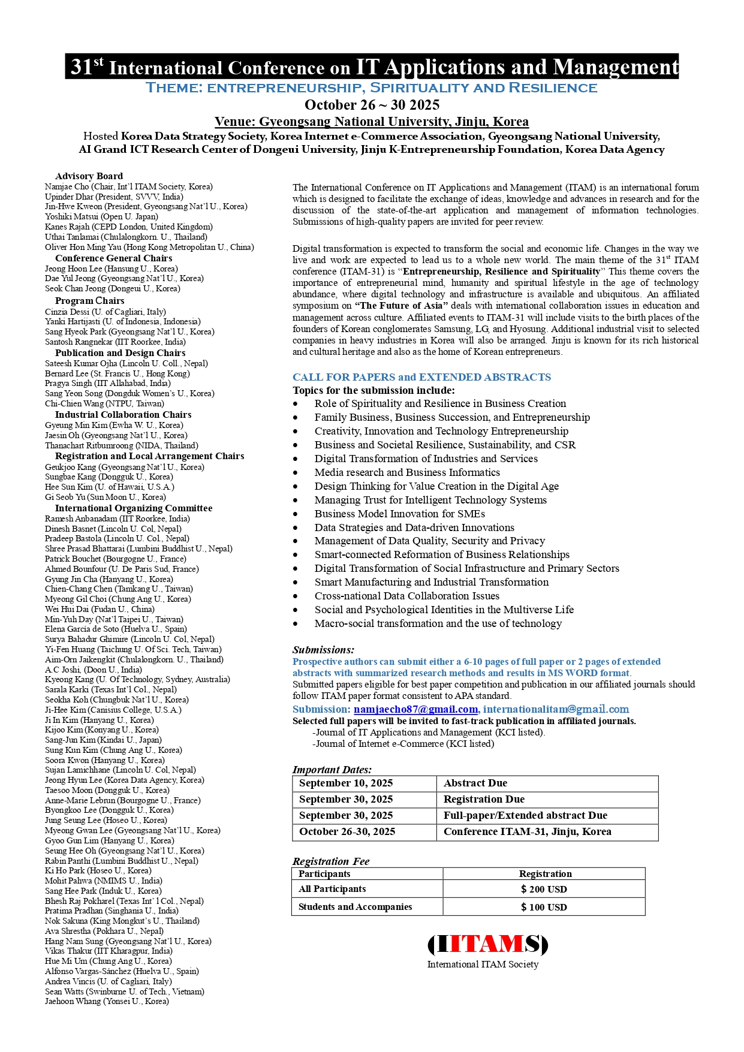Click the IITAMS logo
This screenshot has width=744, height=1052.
point(487,945)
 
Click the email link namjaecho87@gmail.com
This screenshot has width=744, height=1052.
point(415,709)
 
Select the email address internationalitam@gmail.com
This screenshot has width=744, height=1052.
point(556,709)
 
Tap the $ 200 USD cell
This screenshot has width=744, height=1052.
point(544,889)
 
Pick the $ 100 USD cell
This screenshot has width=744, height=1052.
point(544,907)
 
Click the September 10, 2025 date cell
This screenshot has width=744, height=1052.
point(346,783)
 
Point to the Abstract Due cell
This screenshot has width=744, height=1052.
point(475,783)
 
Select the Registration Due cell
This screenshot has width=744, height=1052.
point(484,800)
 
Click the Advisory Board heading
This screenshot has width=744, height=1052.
point(89,176)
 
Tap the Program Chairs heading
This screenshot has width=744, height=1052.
point(90,301)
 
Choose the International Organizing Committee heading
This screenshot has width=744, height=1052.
point(134,508)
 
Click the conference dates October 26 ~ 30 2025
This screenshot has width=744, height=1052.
point(372,105)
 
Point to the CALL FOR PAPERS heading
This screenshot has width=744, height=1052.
point(421,377)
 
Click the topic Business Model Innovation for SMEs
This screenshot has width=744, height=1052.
point(400,514)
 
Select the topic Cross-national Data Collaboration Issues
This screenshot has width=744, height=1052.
point(407,596)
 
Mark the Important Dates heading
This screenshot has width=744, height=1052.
point(332,770)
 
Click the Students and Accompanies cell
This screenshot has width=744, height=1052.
point(355,907)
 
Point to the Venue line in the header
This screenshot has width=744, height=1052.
point(372,122)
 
